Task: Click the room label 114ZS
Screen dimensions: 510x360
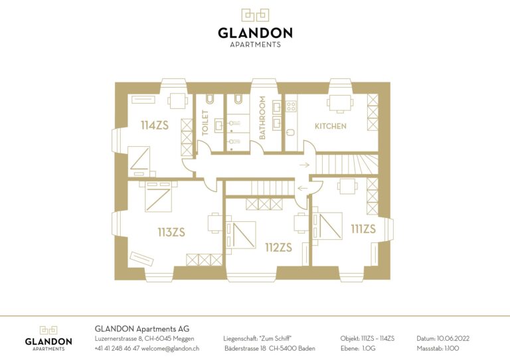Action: tap(155, 126)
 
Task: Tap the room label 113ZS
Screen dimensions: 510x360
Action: tap(171, 232)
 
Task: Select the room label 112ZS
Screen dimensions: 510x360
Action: tap(278, 248)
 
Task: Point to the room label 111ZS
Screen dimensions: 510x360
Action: tap(363, 229)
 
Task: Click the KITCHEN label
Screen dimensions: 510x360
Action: tap(331, 126)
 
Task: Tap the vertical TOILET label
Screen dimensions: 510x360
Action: tap(205, 123)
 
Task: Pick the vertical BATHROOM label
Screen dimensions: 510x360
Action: tap(262, 118)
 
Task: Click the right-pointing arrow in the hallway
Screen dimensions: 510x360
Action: tap(304, 165)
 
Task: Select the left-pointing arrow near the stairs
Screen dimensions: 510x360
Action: tap(303, 188)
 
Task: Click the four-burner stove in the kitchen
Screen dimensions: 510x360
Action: tap(291, 106)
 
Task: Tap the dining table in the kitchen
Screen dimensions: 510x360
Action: tap(340, 103)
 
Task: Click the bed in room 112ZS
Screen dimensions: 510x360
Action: tap(240, 234)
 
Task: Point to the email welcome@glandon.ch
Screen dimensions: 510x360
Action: tap(170, 348)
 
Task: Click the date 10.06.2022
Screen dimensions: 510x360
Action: tap(453, 339)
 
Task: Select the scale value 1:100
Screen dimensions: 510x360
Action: tap(452, 348)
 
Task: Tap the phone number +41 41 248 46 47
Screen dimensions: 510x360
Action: tap(117, 348)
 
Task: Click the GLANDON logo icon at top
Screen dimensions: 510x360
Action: tap(255, 15)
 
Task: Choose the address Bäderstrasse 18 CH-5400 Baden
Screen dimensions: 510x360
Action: tap(270, 348)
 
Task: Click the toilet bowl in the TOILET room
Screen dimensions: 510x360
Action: tap(210, 99)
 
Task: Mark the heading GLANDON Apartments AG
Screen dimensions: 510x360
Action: tap(142, 329)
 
